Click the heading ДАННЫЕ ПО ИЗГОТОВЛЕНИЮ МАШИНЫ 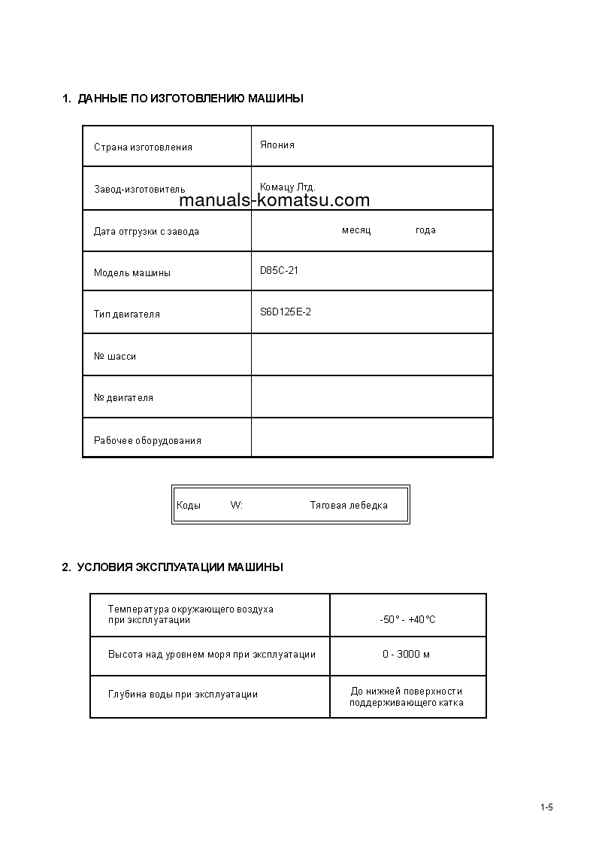click(183, 99)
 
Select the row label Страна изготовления click(143, 147)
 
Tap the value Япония click(277, 145)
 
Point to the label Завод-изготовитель click(139, 190)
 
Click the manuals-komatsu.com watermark click(275, 201)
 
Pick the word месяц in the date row click(356, 230)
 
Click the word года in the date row click(425, 230)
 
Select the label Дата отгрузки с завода click(147, 232)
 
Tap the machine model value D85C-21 click(279, 271)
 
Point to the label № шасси click(115, 357)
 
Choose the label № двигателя click(123, 398)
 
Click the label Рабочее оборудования click(147, 441)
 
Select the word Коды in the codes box click(189, 506)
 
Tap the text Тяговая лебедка click(349, 506)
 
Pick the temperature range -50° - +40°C click(407, 620)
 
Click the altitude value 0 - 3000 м click(406, 655)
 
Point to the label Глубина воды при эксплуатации click(183, 695)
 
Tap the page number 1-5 click(546, 808)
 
